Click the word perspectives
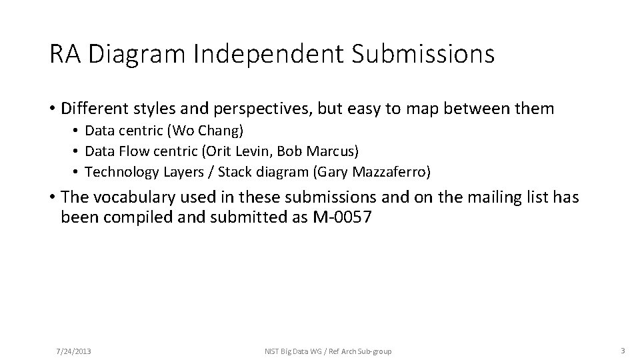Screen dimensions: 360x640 tap(261, 107)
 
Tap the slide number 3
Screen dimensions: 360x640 tap(621, 351)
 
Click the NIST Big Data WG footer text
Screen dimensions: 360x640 tap(303, 351)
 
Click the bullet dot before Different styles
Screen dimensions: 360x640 tap(52, 108)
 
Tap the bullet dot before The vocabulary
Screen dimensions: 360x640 tap(52, 199)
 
